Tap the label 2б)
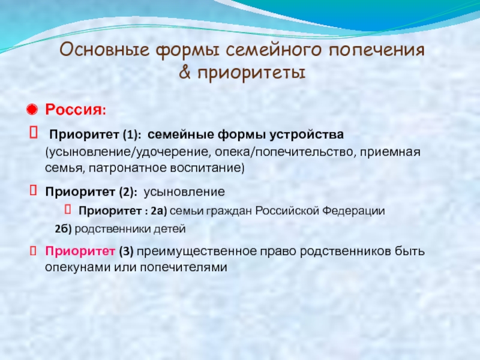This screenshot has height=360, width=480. click(63, 229)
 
